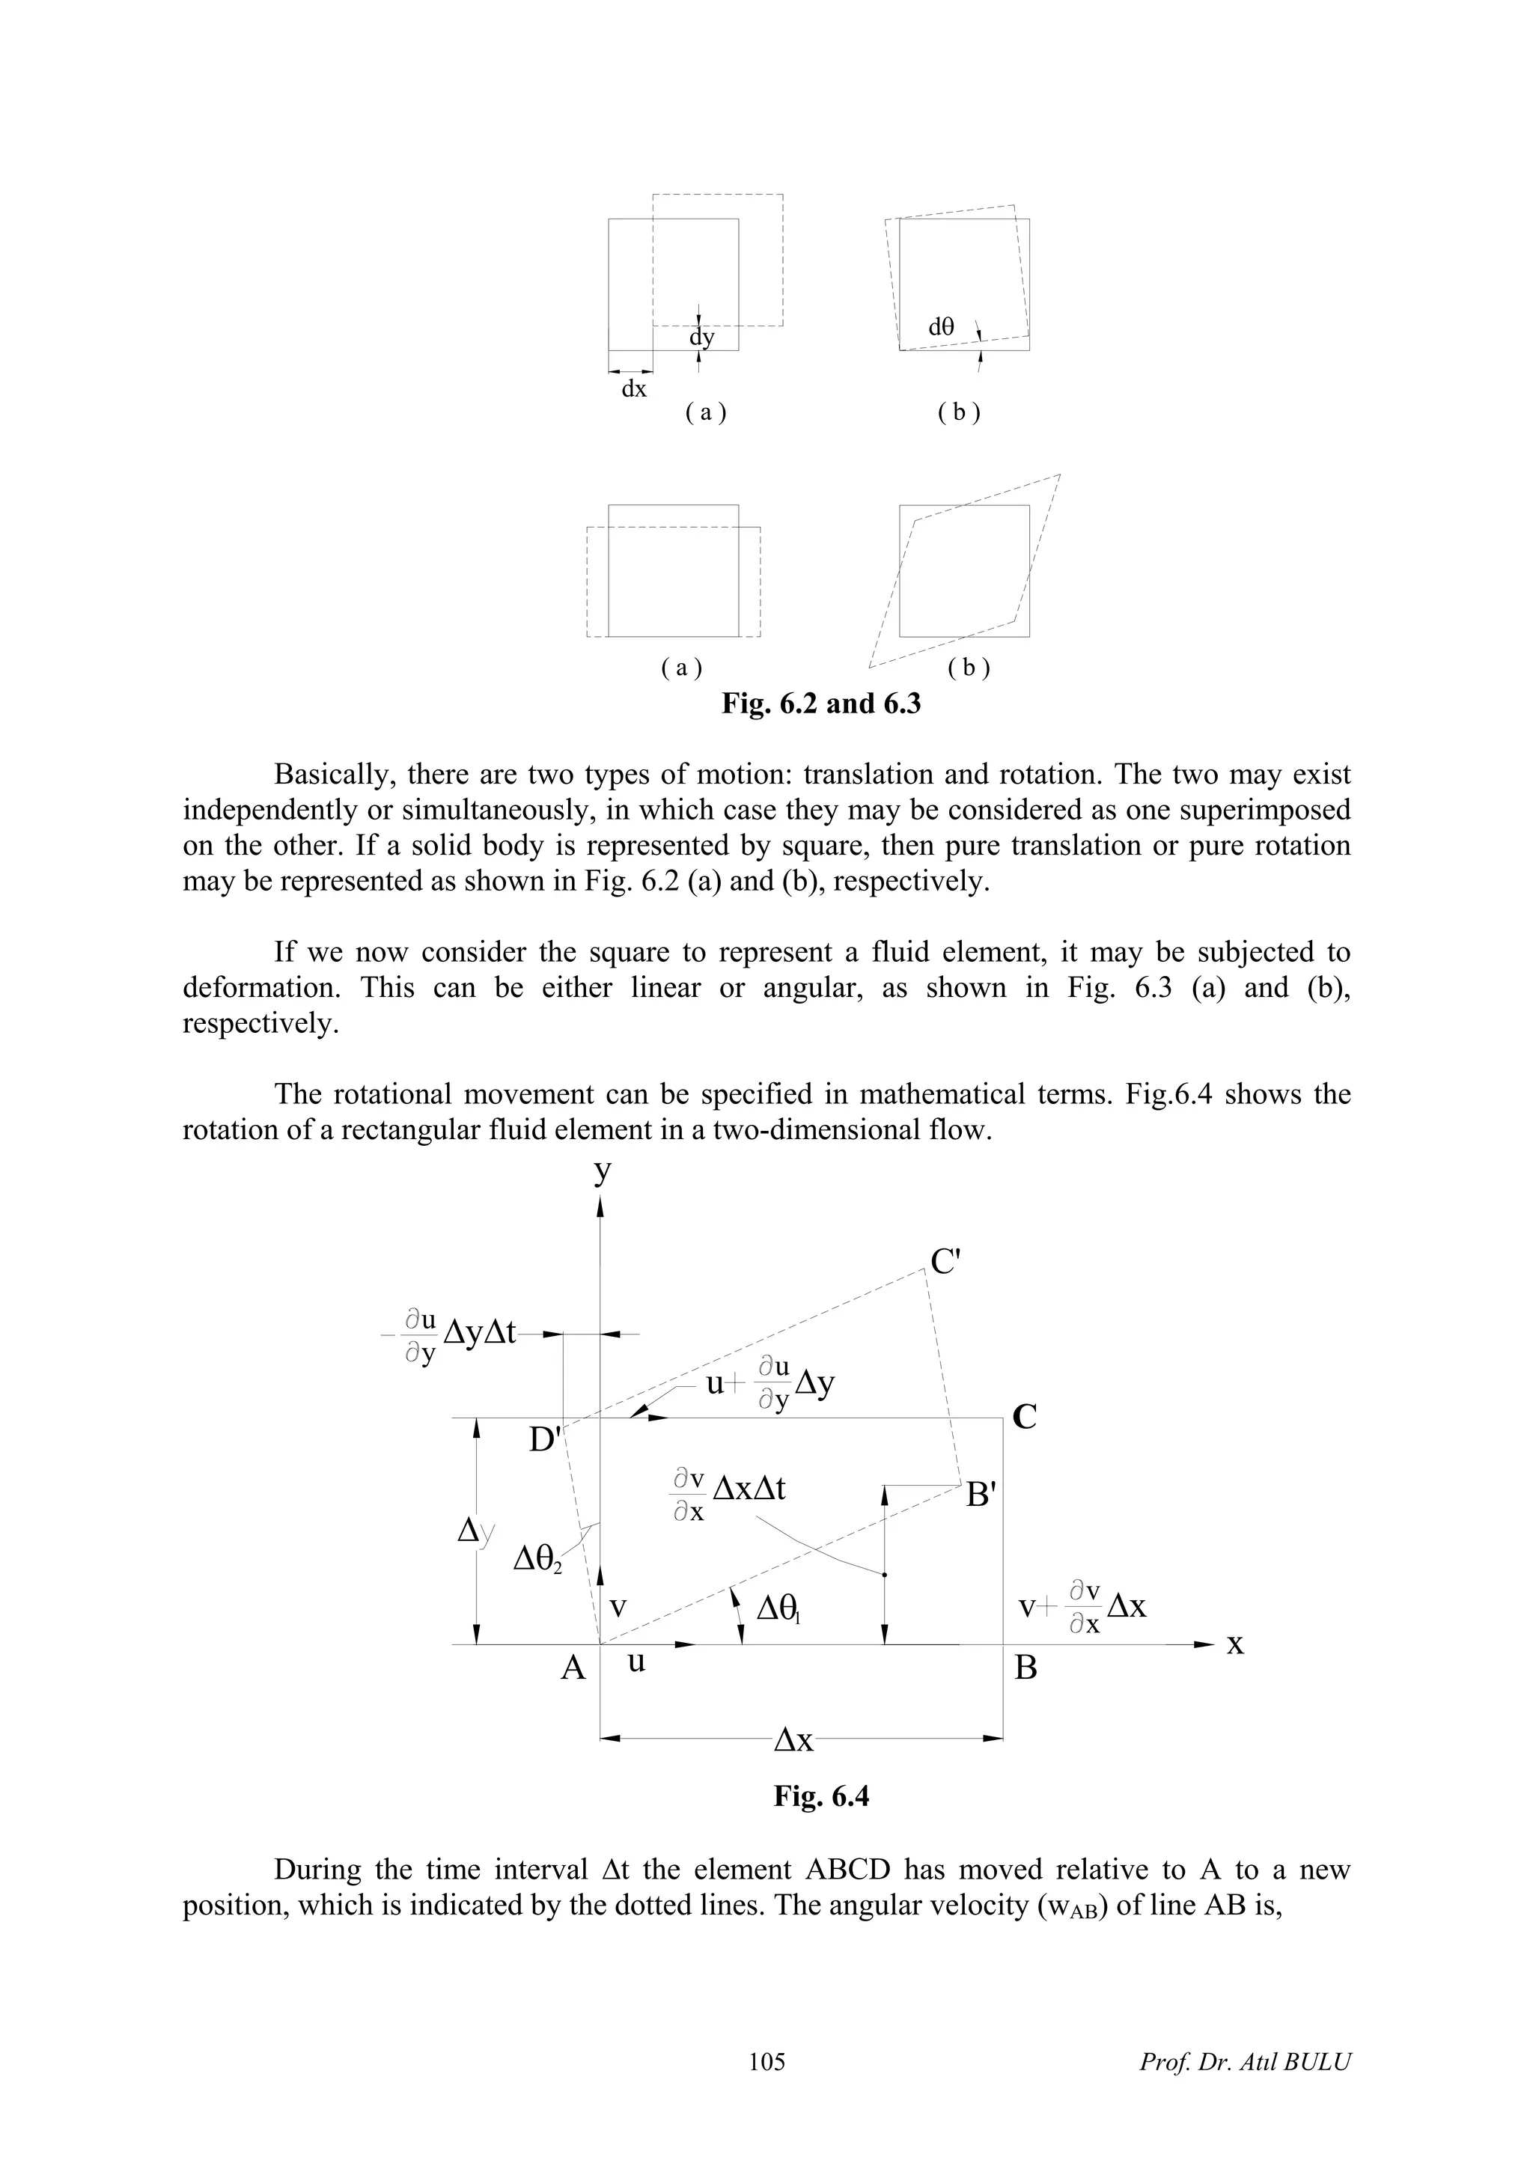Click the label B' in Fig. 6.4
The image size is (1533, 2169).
click(981, 1495)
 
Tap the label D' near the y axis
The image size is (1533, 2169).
click(546, 1440)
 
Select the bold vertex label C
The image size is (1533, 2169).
click(1025, 1417)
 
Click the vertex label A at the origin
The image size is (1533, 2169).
click(573, 1668)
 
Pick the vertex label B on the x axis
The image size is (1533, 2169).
click(1025, 1668)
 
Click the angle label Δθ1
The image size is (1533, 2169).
click(779, 1607)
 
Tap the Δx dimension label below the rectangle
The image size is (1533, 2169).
click(793, 1740)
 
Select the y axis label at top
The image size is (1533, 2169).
click(602, 1172)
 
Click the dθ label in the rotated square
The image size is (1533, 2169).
click(941, 327)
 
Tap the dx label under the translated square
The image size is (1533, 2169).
click(634, 388)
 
